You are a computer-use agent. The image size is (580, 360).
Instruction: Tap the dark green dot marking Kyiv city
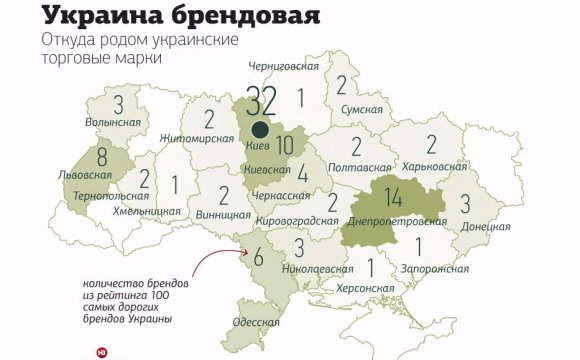click(x=260, y=128)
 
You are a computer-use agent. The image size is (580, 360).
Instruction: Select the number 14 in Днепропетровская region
click(x=393, y=197)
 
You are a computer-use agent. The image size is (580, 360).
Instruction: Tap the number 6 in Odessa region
click(x=259, y=256)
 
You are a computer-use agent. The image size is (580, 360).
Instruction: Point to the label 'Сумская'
click(x=360, y=108)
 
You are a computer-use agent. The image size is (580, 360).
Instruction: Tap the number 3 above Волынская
click(x=119, y=105)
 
